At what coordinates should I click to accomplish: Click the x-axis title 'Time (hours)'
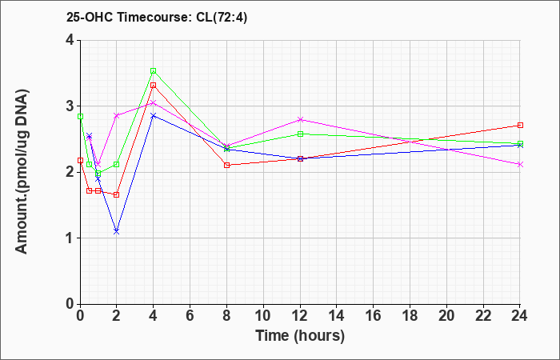[x=300, y=335]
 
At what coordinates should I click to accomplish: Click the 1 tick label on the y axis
[x=69, y=238]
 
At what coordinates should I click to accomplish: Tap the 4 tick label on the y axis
[x=69, y=40]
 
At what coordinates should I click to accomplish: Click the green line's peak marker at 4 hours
[x=153, y=71]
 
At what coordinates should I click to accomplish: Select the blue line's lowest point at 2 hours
[x=116, y=231]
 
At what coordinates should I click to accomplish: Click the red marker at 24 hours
[x=520, y=125]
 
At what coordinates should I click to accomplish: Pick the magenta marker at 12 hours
[x=300, y=119]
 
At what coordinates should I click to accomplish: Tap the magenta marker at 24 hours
[x=520, y=164]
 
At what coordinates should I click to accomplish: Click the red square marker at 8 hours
[x=226, y=165]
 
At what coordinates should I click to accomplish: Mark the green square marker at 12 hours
[x=300, y=134]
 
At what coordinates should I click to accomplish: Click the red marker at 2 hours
[x=116, y=194]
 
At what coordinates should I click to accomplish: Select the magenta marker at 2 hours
[x=116, y=115]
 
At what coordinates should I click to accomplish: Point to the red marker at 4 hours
[x=153, y=85]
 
